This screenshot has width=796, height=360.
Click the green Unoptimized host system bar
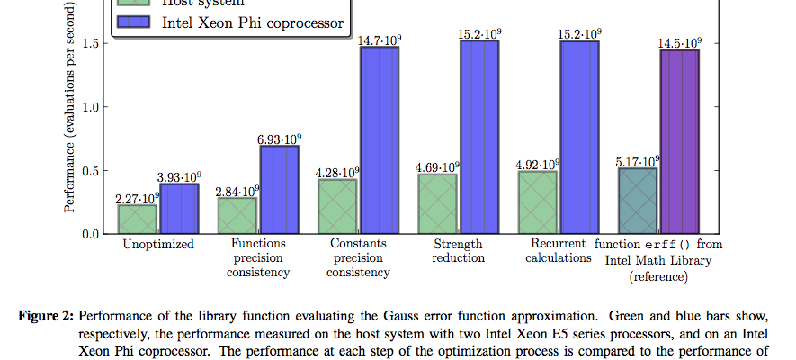(x=138, y=219)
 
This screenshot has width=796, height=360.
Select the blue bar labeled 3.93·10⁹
(x=180, y=208)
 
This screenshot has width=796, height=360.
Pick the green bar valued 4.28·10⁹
(x=338, y=206)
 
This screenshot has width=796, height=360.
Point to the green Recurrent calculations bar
(x=538, y=202)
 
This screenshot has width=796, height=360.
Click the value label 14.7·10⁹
(x=380, y=40)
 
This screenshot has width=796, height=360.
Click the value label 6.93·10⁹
(x=279, y=139)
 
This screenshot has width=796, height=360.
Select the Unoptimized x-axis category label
(x=158, y=245)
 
